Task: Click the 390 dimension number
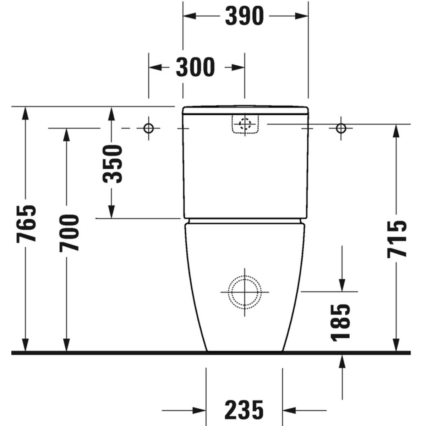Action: click(x=244, y=16)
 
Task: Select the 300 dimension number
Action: click(x=195, y=67)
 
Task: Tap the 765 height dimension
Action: click(x=26, y=224)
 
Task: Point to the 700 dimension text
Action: click(x=69, y=233)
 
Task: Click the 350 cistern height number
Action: click(x=112, y=164)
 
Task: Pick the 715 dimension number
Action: click(x=397, y=239)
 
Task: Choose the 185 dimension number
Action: click(x=340, y=323)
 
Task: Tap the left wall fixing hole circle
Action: click(x=148, y=128)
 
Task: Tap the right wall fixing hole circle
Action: click(x=341, y=128)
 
